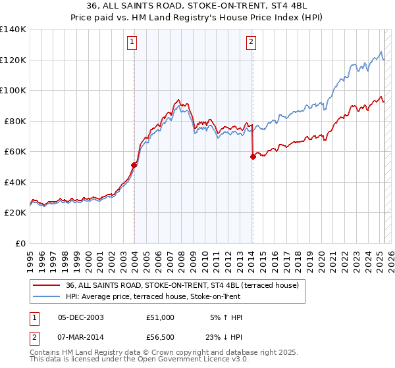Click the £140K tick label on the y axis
(x=13, y=30)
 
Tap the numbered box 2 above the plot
(x=251, y=43)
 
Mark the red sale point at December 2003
(x=134, y=165)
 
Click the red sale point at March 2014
(x=253, y=156)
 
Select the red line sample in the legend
(x=47, y=285)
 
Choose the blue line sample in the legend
(x=47, y=296)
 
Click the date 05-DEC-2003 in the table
(x=81, y=317)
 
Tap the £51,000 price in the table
(x=160, y=317)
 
